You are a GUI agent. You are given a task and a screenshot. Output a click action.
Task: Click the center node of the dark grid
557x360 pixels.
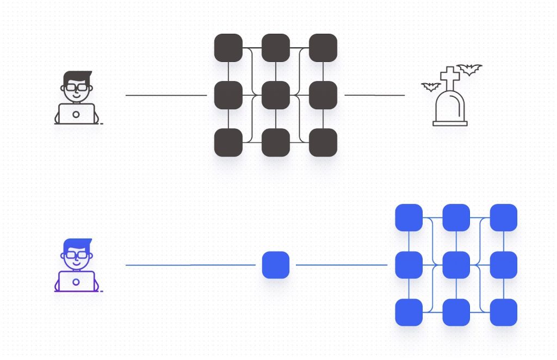[x=276, y=95]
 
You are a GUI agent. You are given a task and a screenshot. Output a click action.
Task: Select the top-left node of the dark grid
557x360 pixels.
[x=228, y=48]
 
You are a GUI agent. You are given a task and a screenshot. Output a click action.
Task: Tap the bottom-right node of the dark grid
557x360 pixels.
[x=323, y=142]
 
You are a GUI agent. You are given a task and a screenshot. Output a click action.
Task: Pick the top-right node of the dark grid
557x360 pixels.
[x=323, y=48]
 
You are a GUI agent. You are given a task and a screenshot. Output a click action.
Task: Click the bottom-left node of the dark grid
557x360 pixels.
[x=228, y=142]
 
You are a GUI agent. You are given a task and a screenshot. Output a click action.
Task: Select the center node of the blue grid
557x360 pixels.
[x=456, y=265]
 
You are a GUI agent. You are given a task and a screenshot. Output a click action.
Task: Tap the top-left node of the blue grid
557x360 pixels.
[x=409, y=218]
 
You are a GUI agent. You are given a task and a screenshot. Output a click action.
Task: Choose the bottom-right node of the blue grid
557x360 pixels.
[x=504, y=312]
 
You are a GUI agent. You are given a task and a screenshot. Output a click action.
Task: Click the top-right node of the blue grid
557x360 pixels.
[x=504, y=218]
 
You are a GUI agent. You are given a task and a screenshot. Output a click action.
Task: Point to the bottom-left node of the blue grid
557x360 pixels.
[x=409, y=312]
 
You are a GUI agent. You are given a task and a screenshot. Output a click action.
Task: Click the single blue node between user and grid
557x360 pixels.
[x=276, y=265]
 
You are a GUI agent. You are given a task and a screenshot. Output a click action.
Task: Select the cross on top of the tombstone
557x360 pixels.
[x=450, y=77]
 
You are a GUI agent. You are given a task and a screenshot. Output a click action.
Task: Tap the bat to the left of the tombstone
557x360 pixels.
[x=431, y=86]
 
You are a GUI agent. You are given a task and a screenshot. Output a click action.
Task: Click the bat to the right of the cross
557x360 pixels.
[x=469, y=69]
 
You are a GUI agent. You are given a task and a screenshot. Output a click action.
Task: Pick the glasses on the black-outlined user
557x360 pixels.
[x=76, y=87]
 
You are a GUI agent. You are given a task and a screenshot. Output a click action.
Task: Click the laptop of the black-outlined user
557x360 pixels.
[x=76, y=114]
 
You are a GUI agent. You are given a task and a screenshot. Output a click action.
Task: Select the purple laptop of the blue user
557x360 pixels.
[x=76, y=281]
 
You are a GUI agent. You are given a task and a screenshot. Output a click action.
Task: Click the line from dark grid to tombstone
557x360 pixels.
[x=375, y=95]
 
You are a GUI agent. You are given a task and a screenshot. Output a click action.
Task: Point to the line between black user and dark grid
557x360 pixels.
[x=166, y=95]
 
